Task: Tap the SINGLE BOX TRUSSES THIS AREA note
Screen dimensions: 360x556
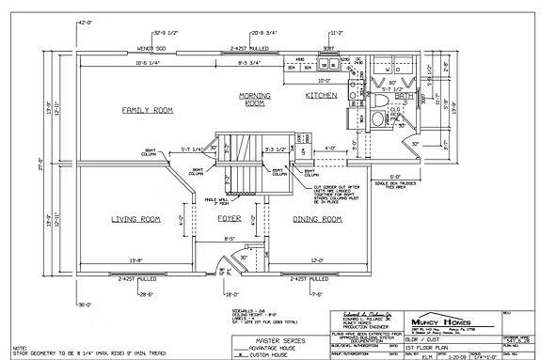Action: coord(396,184)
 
